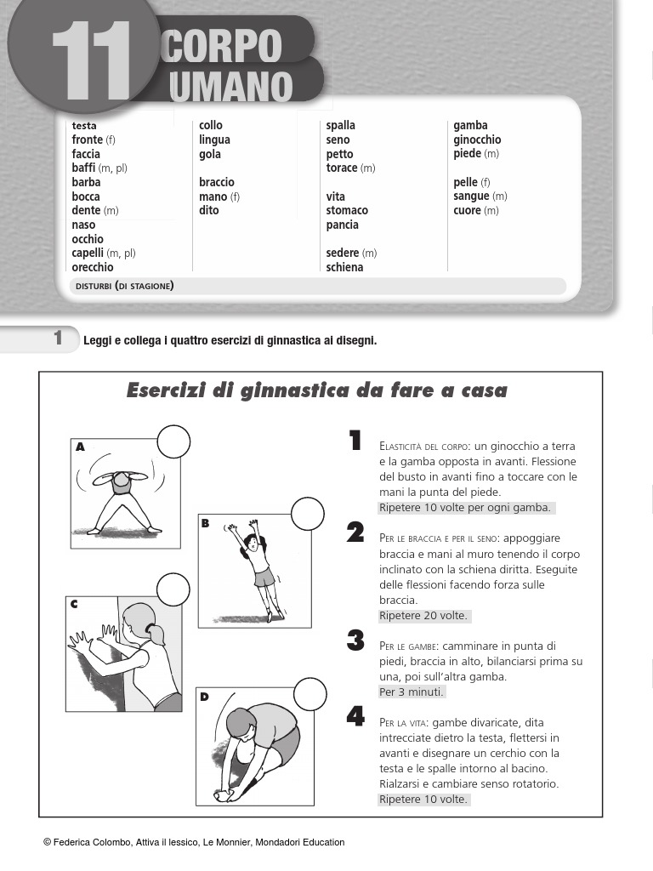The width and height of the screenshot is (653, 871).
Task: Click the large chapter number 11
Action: (x=92, y=61)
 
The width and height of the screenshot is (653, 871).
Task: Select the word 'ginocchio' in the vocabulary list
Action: (x=477, y=139)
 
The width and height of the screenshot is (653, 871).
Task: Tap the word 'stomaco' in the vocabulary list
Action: (x=347, y=210)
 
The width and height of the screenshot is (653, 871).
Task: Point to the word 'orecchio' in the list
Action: (x=93, y=267)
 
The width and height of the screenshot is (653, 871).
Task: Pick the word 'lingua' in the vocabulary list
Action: (x=214, y=139)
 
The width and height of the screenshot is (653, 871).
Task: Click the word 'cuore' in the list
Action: (x=468, y=210)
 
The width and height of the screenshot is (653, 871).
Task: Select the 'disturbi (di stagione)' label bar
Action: (x=316, y=286)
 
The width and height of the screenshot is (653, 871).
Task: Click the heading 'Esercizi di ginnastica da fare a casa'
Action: (x=316, y=390)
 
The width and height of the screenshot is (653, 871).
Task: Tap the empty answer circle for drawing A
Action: (x=173, y=441)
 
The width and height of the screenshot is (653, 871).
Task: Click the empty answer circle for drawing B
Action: (x=308, y=514)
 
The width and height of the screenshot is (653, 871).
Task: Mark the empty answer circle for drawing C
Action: (x=173, y=589)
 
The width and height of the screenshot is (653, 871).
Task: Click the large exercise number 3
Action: (x=355, y=641)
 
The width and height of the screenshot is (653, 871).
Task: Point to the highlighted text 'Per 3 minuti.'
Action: (x=412, y=692)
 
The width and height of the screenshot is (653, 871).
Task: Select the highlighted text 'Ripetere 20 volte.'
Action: (x=423, y=616)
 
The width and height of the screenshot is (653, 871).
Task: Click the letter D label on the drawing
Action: (x=204, y=697)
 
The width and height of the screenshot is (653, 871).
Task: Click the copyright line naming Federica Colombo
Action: (x=194, y=842)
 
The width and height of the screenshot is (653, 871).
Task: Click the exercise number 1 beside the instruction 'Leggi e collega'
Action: (x=58, y=339)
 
